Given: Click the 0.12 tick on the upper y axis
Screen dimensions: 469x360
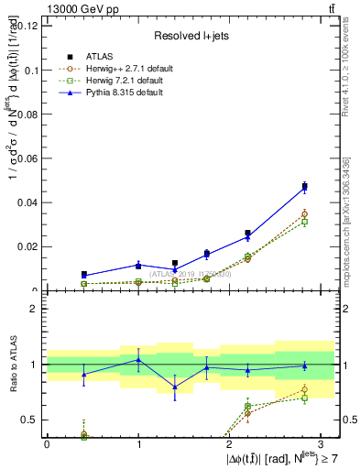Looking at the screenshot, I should pyautogui.click(x=30, y=26).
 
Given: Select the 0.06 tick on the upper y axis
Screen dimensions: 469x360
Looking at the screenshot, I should pyautogui.click(x=30, y=158).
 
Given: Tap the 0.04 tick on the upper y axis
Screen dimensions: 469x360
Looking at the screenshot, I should pyautogui.click(x=30, y=202).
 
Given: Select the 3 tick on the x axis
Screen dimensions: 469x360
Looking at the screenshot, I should pyautogui.click(x=322, y=444).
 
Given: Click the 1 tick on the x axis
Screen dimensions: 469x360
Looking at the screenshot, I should pyautogui.click(x=138, y=444).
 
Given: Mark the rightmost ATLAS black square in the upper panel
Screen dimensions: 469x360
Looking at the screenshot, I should pyautogui.click(x=304, y=187).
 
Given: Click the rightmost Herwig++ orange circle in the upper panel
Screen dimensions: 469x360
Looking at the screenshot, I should pyautogui.click(x=304, y=214).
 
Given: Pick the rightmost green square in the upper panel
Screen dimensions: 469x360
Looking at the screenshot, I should pyautogui.click(x=304, y=222).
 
